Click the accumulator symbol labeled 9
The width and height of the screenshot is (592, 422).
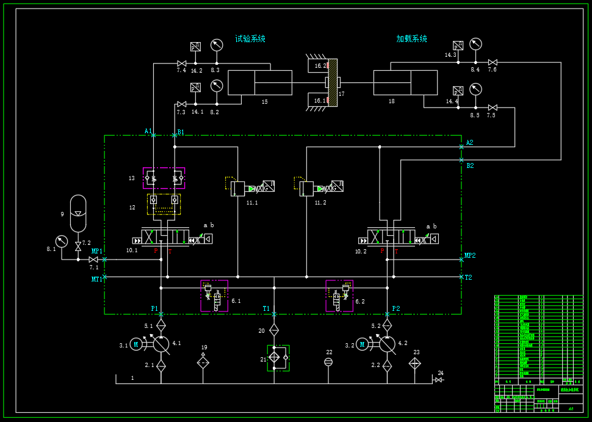tap(78, 213)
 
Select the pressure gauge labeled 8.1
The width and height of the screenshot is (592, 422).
tap(60, 241)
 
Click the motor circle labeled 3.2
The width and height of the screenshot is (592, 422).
tap(362, 345)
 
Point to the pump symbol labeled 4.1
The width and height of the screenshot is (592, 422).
tap(161, 344)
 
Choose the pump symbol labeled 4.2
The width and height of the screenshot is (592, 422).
tap(387, 344)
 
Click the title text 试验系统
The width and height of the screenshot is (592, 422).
tap(250, 39)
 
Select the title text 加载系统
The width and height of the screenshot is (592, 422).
tap(411, 39)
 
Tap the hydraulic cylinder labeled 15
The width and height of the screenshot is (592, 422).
tap(260, 82)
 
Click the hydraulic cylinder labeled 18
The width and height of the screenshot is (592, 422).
tap(405, 82)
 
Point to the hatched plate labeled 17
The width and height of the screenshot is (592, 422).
tap(333, 82)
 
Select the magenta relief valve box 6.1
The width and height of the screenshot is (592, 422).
tap(214, 296)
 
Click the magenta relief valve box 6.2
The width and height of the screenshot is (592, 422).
tap(339, 296)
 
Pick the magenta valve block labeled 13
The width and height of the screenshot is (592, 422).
tap(164, 178)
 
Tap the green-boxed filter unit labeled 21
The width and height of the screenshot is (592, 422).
tap(278, 358)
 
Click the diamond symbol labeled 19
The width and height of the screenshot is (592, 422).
tap(203, 362)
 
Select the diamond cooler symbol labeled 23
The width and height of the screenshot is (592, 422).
tap(415, 363)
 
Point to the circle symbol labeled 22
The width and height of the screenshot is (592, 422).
tap(328, 362)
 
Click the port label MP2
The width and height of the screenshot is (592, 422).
tap(470, 255)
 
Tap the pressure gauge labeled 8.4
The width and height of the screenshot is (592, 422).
tap(475, 44)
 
